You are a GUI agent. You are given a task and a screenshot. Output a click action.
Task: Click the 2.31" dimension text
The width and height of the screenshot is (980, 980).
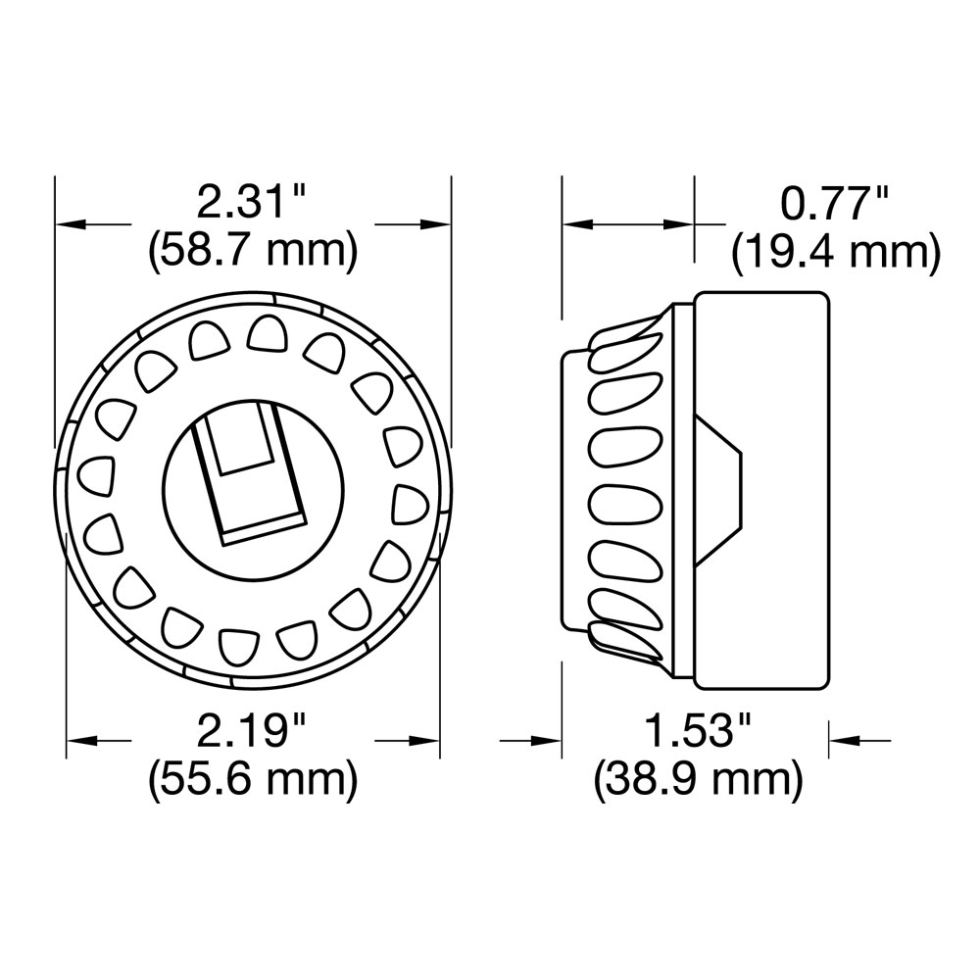252,204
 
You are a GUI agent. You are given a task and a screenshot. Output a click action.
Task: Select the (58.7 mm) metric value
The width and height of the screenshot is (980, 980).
252,252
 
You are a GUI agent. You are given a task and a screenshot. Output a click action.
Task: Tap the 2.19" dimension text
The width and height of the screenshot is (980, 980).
252,731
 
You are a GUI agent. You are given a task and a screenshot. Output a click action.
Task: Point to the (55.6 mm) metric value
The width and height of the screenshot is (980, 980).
252,780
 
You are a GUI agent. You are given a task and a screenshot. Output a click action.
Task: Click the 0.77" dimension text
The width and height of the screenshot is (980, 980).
835,204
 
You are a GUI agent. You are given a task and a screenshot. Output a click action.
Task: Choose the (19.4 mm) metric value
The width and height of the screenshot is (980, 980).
835,253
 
